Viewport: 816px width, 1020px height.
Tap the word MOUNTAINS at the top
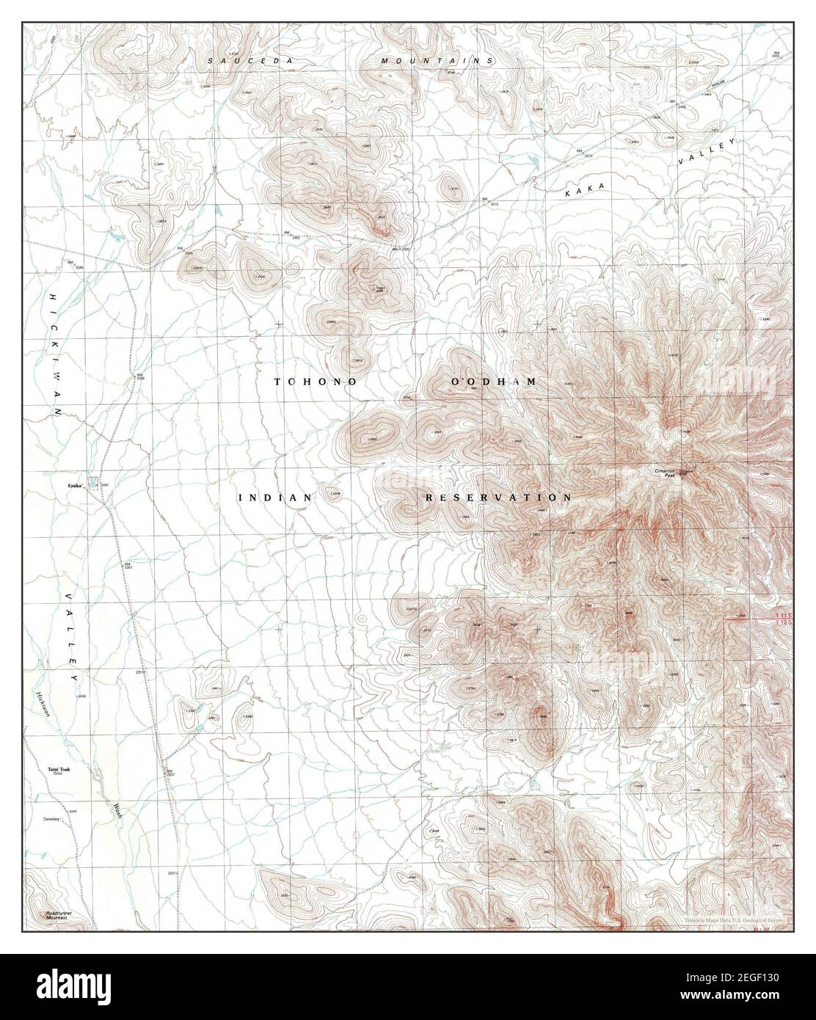437,61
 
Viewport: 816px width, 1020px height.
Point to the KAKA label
585,189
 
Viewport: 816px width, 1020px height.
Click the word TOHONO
316,382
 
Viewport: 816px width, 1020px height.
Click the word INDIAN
275,498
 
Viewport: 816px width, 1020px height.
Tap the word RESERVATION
498,498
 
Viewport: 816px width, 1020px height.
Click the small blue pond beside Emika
92,481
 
